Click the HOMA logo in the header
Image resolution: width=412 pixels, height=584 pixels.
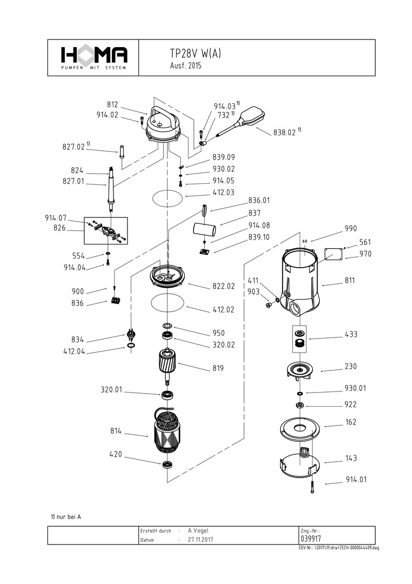pos(94,57)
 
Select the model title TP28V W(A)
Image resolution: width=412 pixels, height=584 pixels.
pos(195,54)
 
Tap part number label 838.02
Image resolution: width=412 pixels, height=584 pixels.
pos(285,132)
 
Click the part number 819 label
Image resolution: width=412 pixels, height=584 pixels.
pos(218,368)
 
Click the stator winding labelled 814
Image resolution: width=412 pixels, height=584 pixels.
pos(167,431)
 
